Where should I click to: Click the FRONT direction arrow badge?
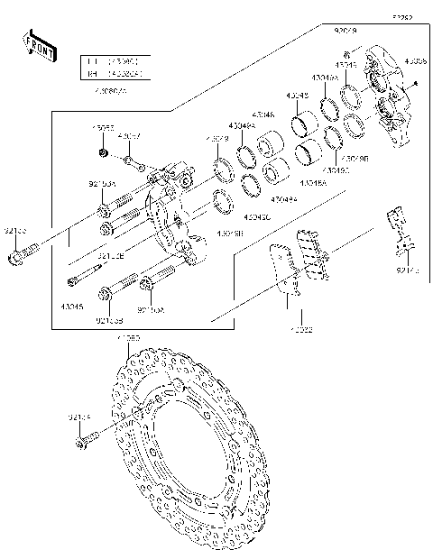coord(41,46)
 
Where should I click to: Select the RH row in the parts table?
coord(114,75)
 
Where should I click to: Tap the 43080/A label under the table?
coord(111,90)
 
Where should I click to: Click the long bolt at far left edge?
coord(19,257)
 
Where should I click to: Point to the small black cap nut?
coord(106,155)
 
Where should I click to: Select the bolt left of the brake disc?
coord(87,441)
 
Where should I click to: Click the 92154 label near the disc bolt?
coord(79,417)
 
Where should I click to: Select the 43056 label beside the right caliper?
coord(416,62)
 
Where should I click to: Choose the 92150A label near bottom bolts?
coord(151,308)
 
